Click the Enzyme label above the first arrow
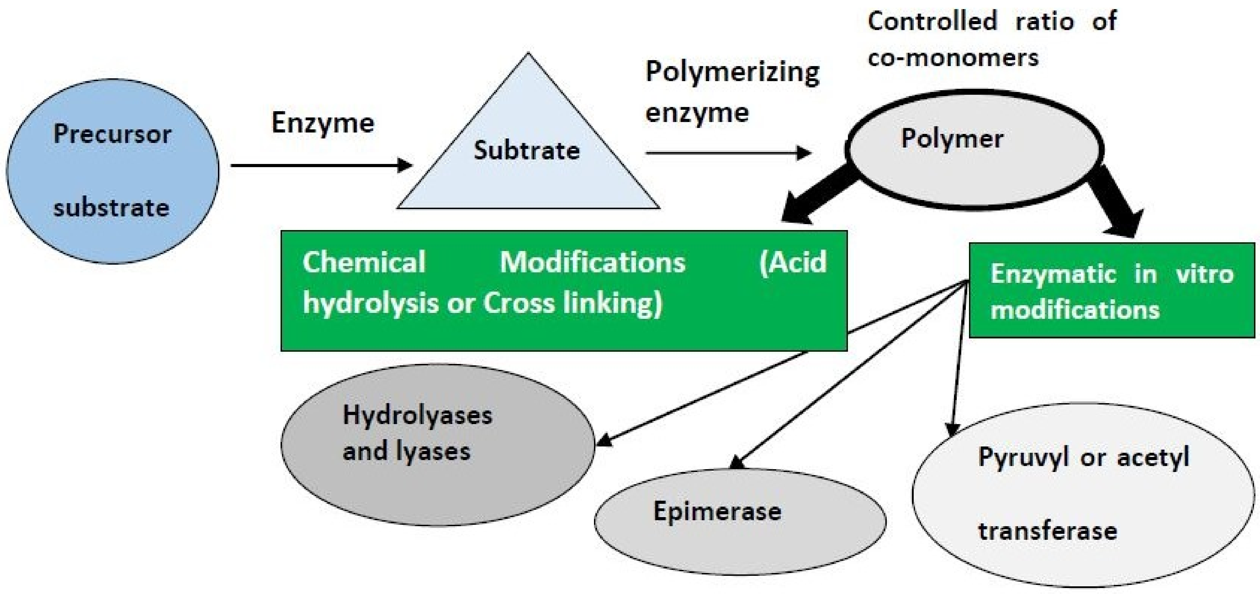pyautogui.click(x=323, y=123)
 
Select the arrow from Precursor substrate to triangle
pyautogui.click(x=320, y=165)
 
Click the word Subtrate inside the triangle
pyautogui.click(x=527, y=150)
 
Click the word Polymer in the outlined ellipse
pyautogui.click(x=952, y=139)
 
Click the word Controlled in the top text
pyautogui.click(x=932, y=22)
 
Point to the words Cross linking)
pyautogui.click(x=572, y=303)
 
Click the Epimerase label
pyautogui.click(x=717, y=512)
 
